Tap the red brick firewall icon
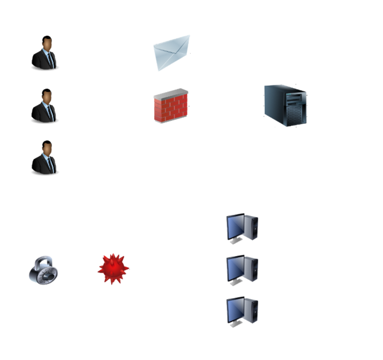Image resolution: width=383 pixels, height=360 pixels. coord(171,106)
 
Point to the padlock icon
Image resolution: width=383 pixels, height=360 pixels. coord(43,270)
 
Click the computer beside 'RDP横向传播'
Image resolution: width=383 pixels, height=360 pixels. coord(242,229)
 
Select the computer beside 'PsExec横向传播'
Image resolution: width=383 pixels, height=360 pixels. coord(242,270)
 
